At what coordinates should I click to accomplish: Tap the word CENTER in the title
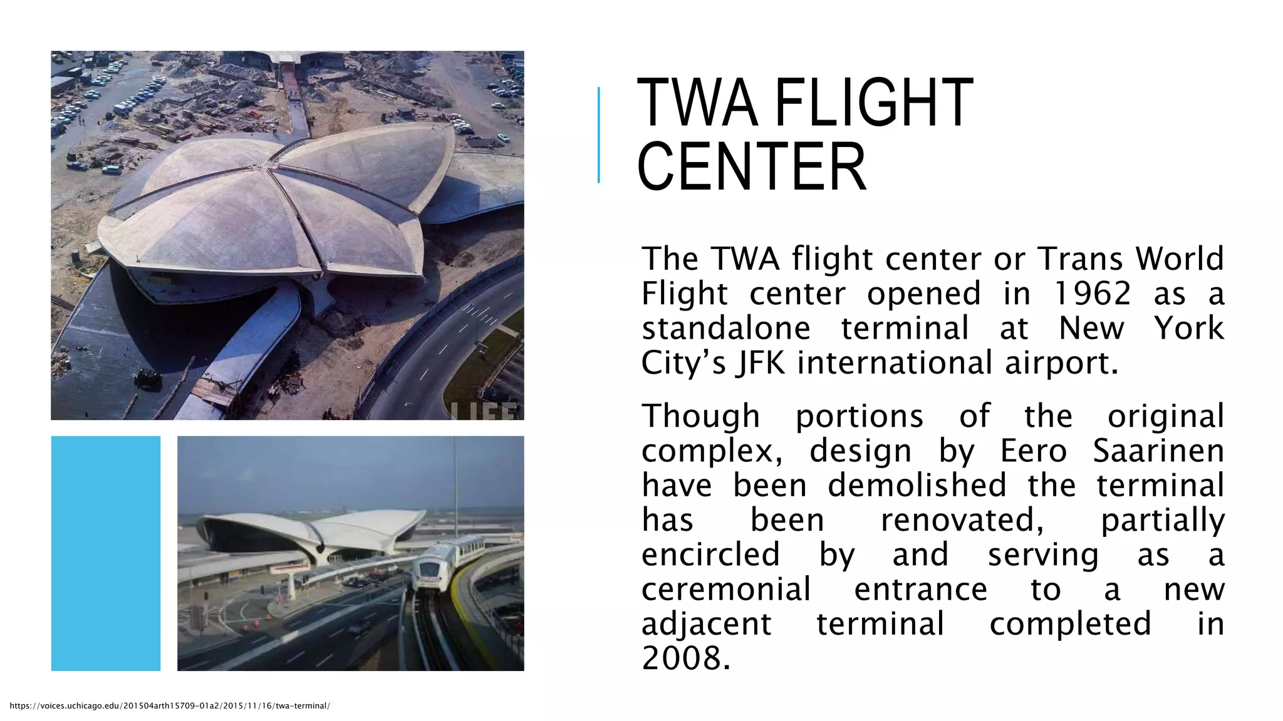[x=752, y=167]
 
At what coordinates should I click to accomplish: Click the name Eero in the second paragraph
[x=1033, y=451]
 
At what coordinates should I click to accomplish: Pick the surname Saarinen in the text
[x=1158, y=451]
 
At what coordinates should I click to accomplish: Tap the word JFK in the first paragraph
[x=760, y=363]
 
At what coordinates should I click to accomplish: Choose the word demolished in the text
[x=917, y=485]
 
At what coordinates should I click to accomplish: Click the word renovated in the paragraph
[x=962, y=520]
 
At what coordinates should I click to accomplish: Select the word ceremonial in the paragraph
[x=726, y=590]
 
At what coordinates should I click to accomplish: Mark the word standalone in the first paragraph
[x=726, y=329]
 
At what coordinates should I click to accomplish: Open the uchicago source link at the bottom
[x=170, y=706]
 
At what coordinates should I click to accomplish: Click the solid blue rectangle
[x=106, y=553]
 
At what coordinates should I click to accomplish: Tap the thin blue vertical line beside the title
[x=599, y=135]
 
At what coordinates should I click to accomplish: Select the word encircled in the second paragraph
[x=710, y=555]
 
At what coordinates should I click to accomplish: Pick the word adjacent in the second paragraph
[x=707, y=624]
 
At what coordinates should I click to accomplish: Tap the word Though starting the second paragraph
[x=701, y=416]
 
